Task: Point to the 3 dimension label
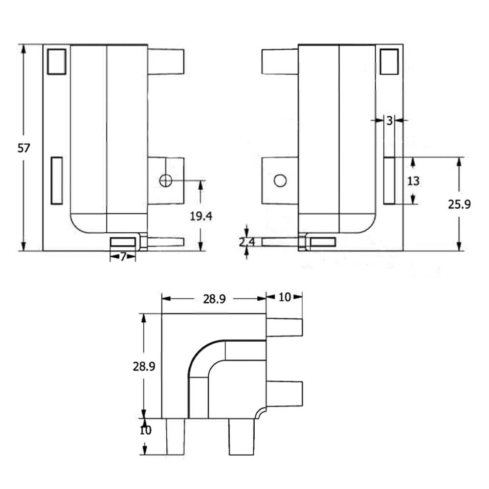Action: pos(389,121)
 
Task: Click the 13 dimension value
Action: pos(413,181)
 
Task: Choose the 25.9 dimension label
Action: pos(459,204)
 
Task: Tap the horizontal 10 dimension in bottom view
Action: pos(284,297)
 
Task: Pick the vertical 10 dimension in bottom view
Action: pos(146,430)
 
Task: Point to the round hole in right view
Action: pos(280,181)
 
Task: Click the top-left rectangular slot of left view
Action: pos(57,62)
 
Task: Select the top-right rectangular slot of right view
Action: pos(389,62)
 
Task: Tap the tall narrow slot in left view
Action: pos(57,180)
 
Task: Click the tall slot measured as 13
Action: pos(389,180)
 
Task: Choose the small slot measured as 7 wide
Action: pos(123,242)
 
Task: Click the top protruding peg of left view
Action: pos(166,61)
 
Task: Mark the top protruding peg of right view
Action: pos(280,61)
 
